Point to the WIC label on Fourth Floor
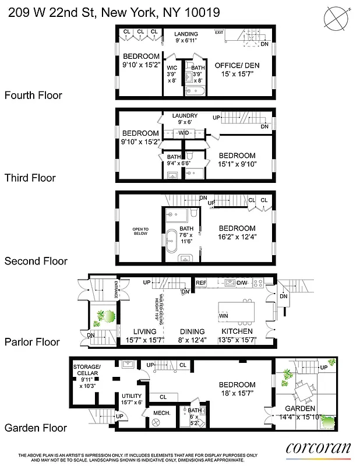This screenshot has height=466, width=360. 172,68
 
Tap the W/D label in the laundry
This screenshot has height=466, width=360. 184,133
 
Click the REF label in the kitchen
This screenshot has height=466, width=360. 201,283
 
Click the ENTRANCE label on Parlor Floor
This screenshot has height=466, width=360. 117,288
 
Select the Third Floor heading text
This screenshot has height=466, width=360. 30,178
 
